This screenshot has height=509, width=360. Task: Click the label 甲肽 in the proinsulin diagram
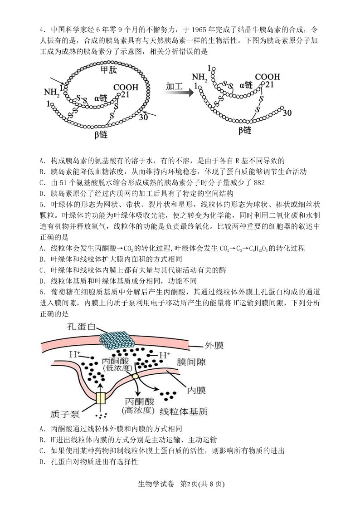(x=109, y=69)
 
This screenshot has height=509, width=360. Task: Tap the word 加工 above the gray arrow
(x=174, y=86)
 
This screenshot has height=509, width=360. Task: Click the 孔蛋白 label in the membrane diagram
(x=81, y=326)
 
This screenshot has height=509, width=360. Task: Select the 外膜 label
(x=214, y=345)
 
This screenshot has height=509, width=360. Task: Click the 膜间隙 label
(x=191, y=362)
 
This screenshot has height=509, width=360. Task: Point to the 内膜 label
(x=196, y=390)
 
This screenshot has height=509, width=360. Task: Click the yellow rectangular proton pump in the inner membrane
(x=101, y=398)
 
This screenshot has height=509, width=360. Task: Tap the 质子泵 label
(x=65, y=414)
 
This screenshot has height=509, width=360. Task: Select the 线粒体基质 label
(x=184, y=411)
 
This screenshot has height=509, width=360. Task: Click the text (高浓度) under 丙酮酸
(x=138, y=410)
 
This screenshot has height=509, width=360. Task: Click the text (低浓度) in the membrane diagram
(x=116, y=368)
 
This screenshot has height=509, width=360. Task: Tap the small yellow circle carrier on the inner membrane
(x=135, y=376)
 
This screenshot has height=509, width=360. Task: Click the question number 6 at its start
(x=41, y=292)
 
